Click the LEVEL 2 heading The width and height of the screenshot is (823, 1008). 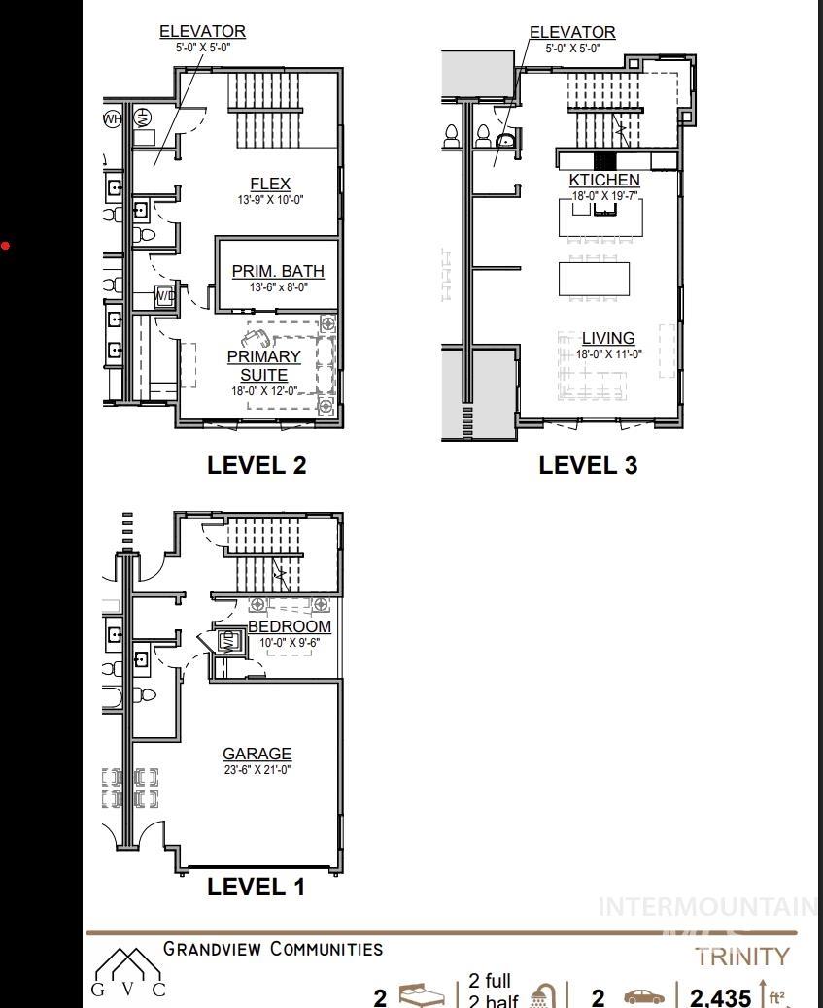tap(257, 465)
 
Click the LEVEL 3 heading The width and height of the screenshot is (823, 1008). tap(588, 465)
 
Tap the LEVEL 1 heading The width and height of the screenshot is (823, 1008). tap(256, 886)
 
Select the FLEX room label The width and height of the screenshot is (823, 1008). tap(270, 184)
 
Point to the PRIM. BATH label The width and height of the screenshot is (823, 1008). tap(278, 271)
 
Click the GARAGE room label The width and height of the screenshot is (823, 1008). tap(257, 754)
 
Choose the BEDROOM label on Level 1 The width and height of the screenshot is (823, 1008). tap(290, 626)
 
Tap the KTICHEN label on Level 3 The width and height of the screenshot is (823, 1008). tap(604, 180)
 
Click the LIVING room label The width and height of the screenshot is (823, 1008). tap(608, 338)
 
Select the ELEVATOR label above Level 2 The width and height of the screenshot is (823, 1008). tap(203, 32)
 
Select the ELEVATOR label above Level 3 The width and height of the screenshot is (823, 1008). tap(572, 32)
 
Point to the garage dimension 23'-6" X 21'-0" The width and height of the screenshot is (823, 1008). tap(257, 770)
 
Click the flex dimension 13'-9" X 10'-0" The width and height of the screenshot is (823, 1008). tap(270, 200)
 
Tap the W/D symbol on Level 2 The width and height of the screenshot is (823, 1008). tap(164, 295)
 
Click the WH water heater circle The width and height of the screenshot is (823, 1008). tap(113, 119)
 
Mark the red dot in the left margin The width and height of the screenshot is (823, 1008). tap(5, 245)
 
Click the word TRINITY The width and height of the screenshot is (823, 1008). tap(742, 957)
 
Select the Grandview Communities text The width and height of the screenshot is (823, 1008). tap(273, 949)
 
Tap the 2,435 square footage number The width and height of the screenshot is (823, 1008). tap(720, 997)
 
